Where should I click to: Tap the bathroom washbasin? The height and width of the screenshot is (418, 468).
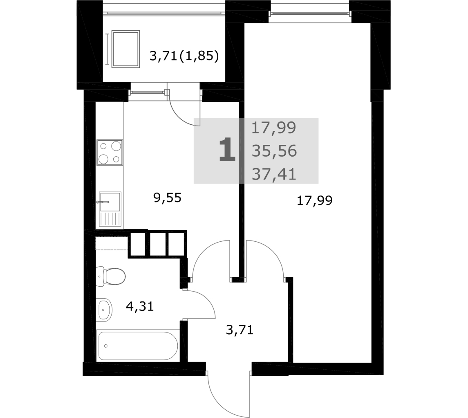pyautogui.click(x=104, y=309)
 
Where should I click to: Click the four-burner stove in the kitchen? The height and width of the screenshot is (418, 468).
pyautogui.click(x=110, y=152)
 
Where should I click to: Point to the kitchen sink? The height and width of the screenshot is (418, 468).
pyautogui.click(x=110, y=209)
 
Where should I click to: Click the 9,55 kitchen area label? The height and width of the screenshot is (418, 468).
pyautogui.click(x=167, y=198)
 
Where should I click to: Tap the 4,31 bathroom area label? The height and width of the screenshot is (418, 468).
pyautogui.click(x=140, y=306)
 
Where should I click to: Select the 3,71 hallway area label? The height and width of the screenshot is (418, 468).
pyautogui.click(x=240, y=330)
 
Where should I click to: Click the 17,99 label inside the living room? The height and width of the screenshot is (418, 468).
pyautogui.click(x=315, y=201)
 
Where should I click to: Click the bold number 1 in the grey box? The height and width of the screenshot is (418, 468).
pyautogui.click(x=227, y=150)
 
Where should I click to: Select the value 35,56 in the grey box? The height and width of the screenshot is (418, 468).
pyautogui.click(x=274, y=151)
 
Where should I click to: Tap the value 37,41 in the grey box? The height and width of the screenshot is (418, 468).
pyautogui.click(x=274, y=174)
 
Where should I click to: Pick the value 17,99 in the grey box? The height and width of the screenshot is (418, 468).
pyautogui.click(x=274, y=128)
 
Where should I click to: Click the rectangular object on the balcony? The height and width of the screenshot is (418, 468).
pyautogui.click(x=125, y=49)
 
